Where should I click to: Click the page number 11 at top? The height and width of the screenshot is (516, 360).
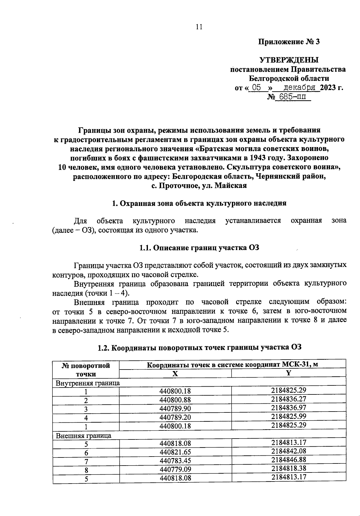pyautogui.click(x=199, y=27)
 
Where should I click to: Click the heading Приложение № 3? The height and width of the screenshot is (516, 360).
pyautogui.click(x=289, y=42)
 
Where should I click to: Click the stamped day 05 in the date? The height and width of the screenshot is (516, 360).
pyautogui.click(x=256, y=88)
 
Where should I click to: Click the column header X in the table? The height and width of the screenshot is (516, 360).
pyautogui.click(x=175, y=374)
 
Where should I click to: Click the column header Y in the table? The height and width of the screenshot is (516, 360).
pyautogui.click(x=289, y=373)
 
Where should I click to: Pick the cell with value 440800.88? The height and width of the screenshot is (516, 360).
pyautogui.click(x=175, y=400)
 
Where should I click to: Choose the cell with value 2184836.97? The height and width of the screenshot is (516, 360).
pyautogui.click(x=289, y=408)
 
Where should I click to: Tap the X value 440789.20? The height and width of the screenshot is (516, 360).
pyautogui.click(x=175, y=418)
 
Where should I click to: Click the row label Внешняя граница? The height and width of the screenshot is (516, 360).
pyautogui.click(x=84, y=435)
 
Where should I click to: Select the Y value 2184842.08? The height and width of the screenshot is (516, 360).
pyautogui.click(x=289, y=451)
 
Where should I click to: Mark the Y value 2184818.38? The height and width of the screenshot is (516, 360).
pyautogui.click(x=289, y=468)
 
